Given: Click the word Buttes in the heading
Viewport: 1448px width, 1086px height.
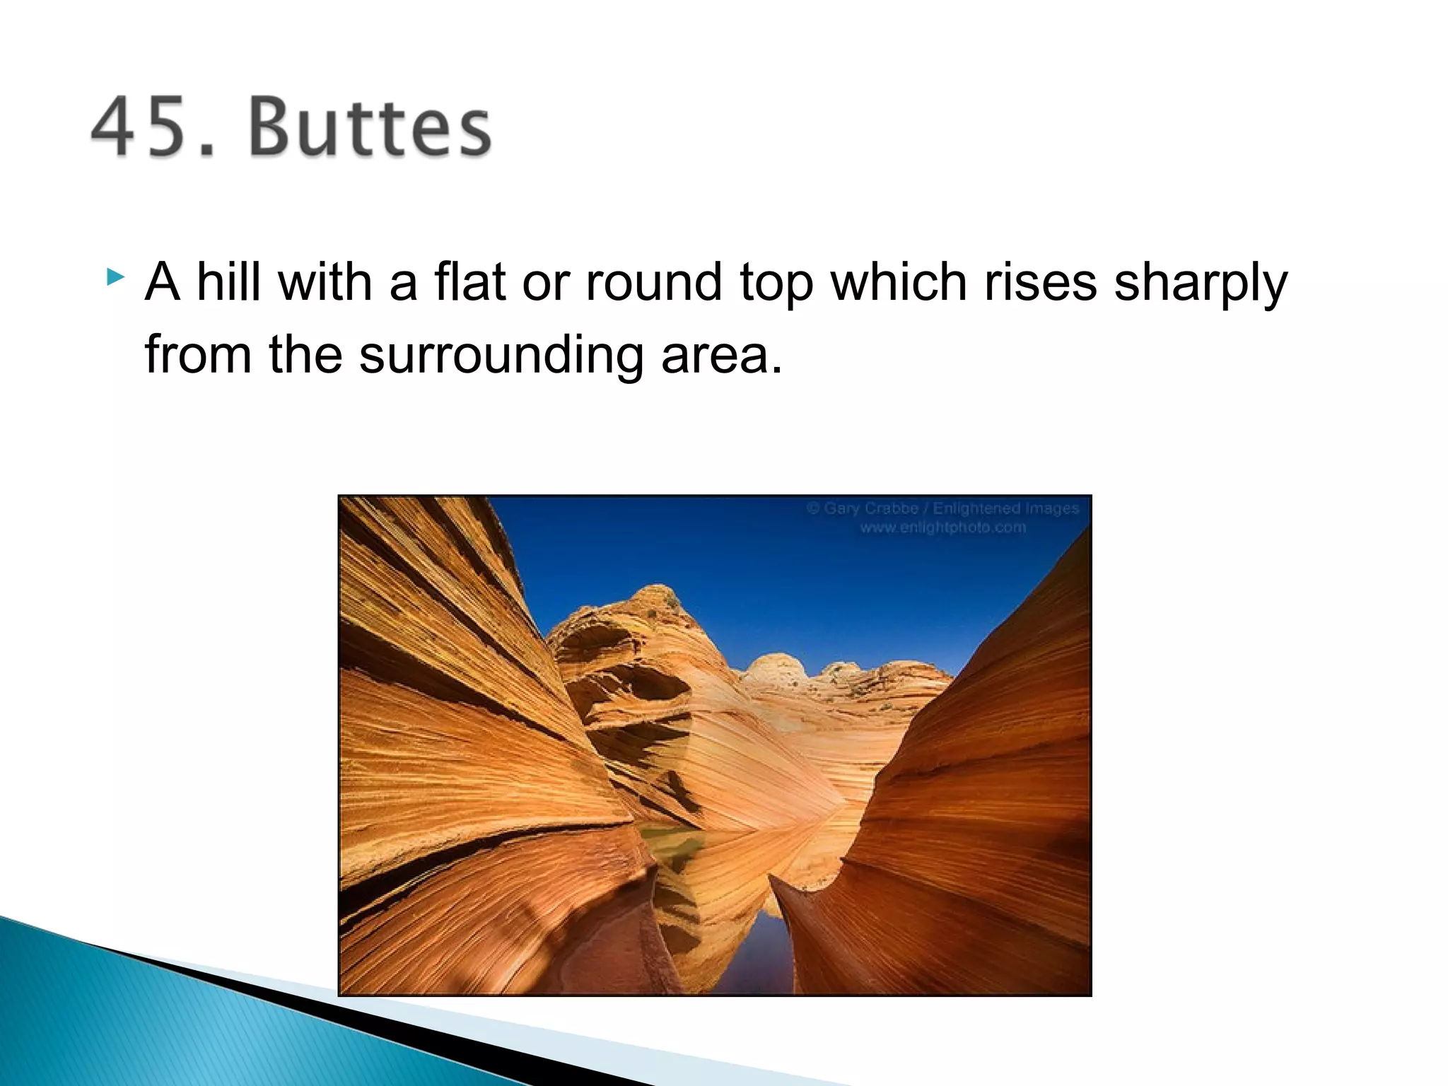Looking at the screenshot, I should tap(370, 127).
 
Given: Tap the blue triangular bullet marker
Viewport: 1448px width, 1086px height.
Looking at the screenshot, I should tap(115, 276).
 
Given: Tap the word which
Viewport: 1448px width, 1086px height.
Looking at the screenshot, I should tap(899, 282).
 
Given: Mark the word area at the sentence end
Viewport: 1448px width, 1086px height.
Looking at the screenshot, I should tap(720, 356).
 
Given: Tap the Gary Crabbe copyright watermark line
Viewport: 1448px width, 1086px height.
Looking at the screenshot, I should tap(943, 508).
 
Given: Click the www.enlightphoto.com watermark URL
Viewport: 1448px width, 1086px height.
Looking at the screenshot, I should tap(942, 527).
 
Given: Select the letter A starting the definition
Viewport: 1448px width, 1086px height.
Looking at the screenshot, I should tap(162, 282).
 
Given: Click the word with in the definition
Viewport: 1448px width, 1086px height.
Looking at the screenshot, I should tap(325, 282).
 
